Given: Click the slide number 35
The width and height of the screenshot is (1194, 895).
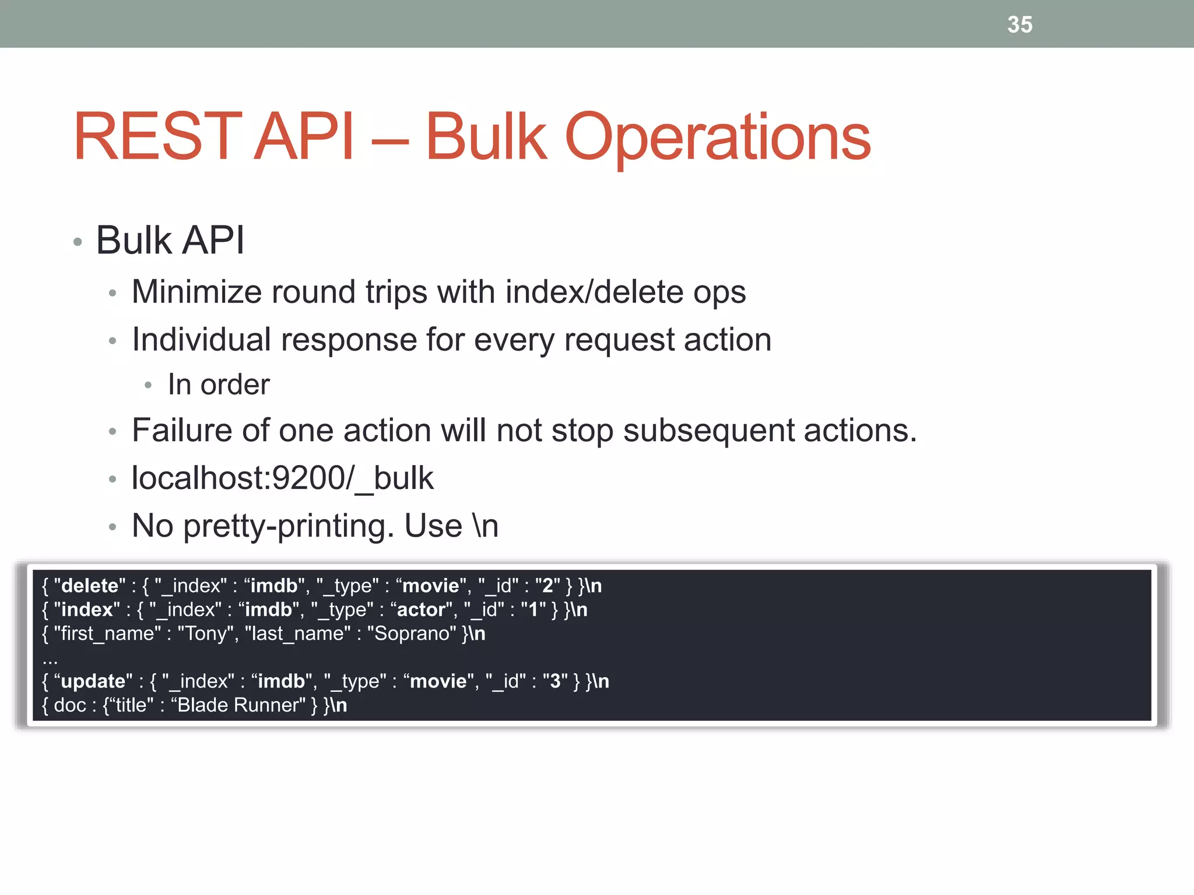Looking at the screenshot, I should (x=1020, y=25).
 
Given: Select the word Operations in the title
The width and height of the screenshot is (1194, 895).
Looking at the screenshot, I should (x=718, y=137).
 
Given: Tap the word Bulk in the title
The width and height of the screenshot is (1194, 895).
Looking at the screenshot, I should (x=486, y=137).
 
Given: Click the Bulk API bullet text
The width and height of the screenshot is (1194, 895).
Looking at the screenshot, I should (x=170, y=240).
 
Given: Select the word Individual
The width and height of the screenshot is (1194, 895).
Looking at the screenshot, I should (x=201, y=340).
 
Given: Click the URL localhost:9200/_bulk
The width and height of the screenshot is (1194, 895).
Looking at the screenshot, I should (x=282, y=478).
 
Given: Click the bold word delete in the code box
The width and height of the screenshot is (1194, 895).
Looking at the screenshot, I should (x=90, y=586).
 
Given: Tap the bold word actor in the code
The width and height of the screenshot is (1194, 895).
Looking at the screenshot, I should (x=421, y=609).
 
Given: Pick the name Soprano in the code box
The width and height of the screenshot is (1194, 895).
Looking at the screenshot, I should (x=411, y=634).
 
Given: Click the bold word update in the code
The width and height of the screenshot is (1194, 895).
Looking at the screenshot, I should (x=93, y=681).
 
